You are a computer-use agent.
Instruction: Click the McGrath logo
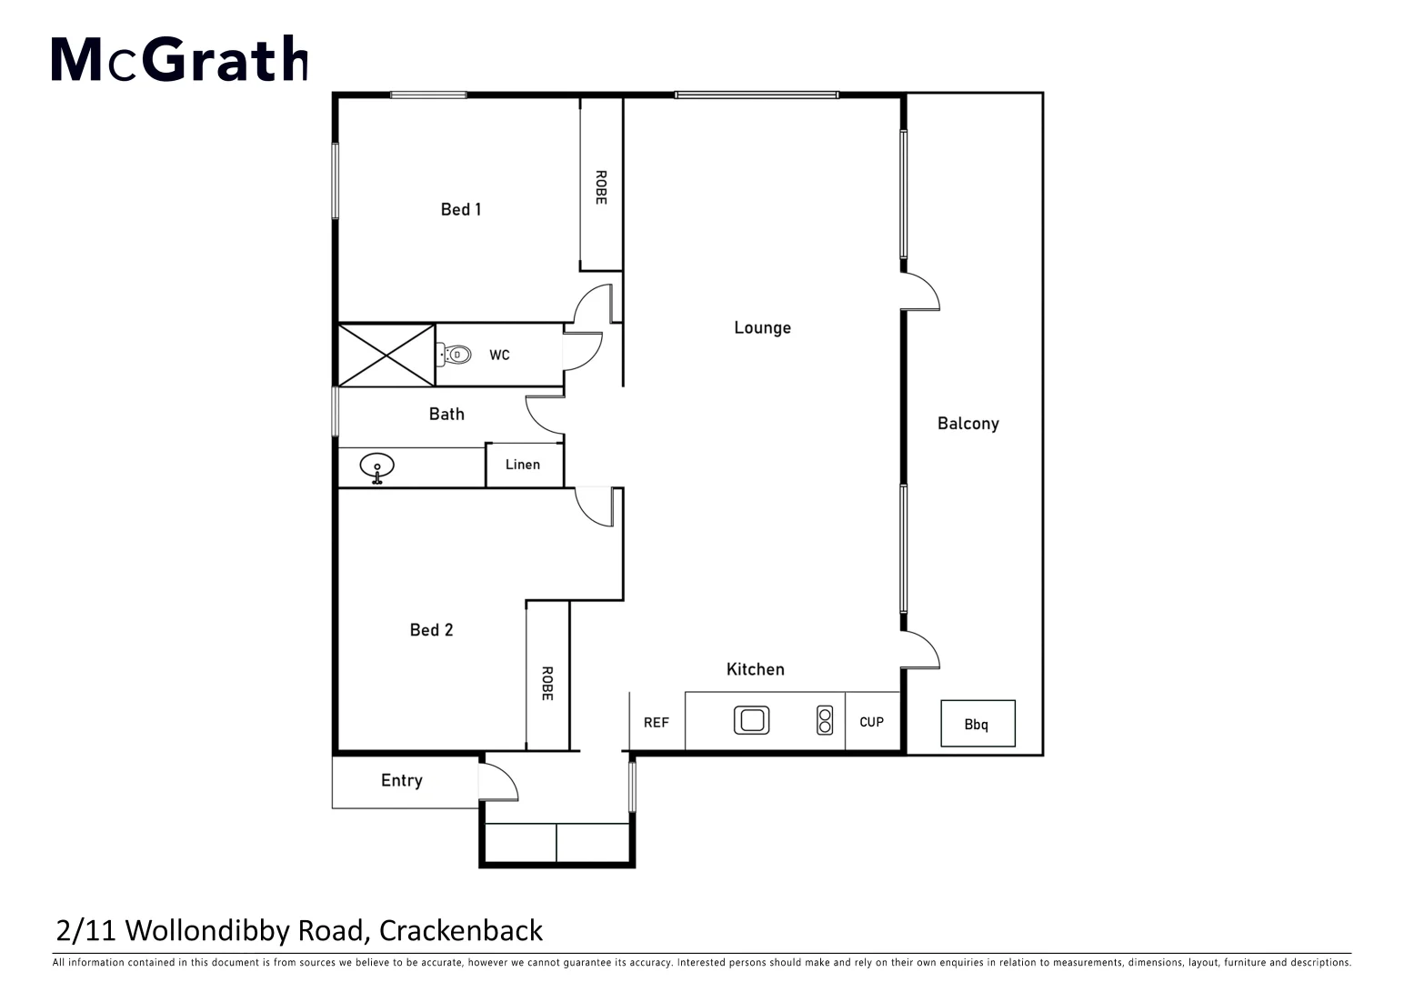(x=179, y=59)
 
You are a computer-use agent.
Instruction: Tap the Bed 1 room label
(x=461, y=209)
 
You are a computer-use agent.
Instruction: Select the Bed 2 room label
(x=431, y=629)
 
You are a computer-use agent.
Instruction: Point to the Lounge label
(x=762, y=327)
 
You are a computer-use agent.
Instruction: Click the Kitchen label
(x=755, y=669)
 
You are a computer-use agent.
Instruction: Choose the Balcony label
(x=968, y=423)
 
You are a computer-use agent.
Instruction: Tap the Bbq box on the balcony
(x=977, y=724)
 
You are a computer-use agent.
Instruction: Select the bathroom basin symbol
(x=376, y=467)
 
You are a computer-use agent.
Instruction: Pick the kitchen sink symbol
(x=751, y=720)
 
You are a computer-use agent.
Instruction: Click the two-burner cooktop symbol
(x=824, y=720)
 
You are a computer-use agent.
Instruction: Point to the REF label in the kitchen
(x=656, y=722)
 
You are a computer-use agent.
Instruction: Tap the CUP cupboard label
(x=871, y=722)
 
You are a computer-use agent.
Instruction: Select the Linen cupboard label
(x=523, y=465)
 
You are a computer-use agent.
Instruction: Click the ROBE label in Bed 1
(x=600, y=187)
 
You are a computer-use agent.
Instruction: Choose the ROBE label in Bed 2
(x=547, y=683)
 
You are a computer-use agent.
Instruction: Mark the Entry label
(x=401, y=780)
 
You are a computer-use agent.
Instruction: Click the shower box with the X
(x=386, y=355)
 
